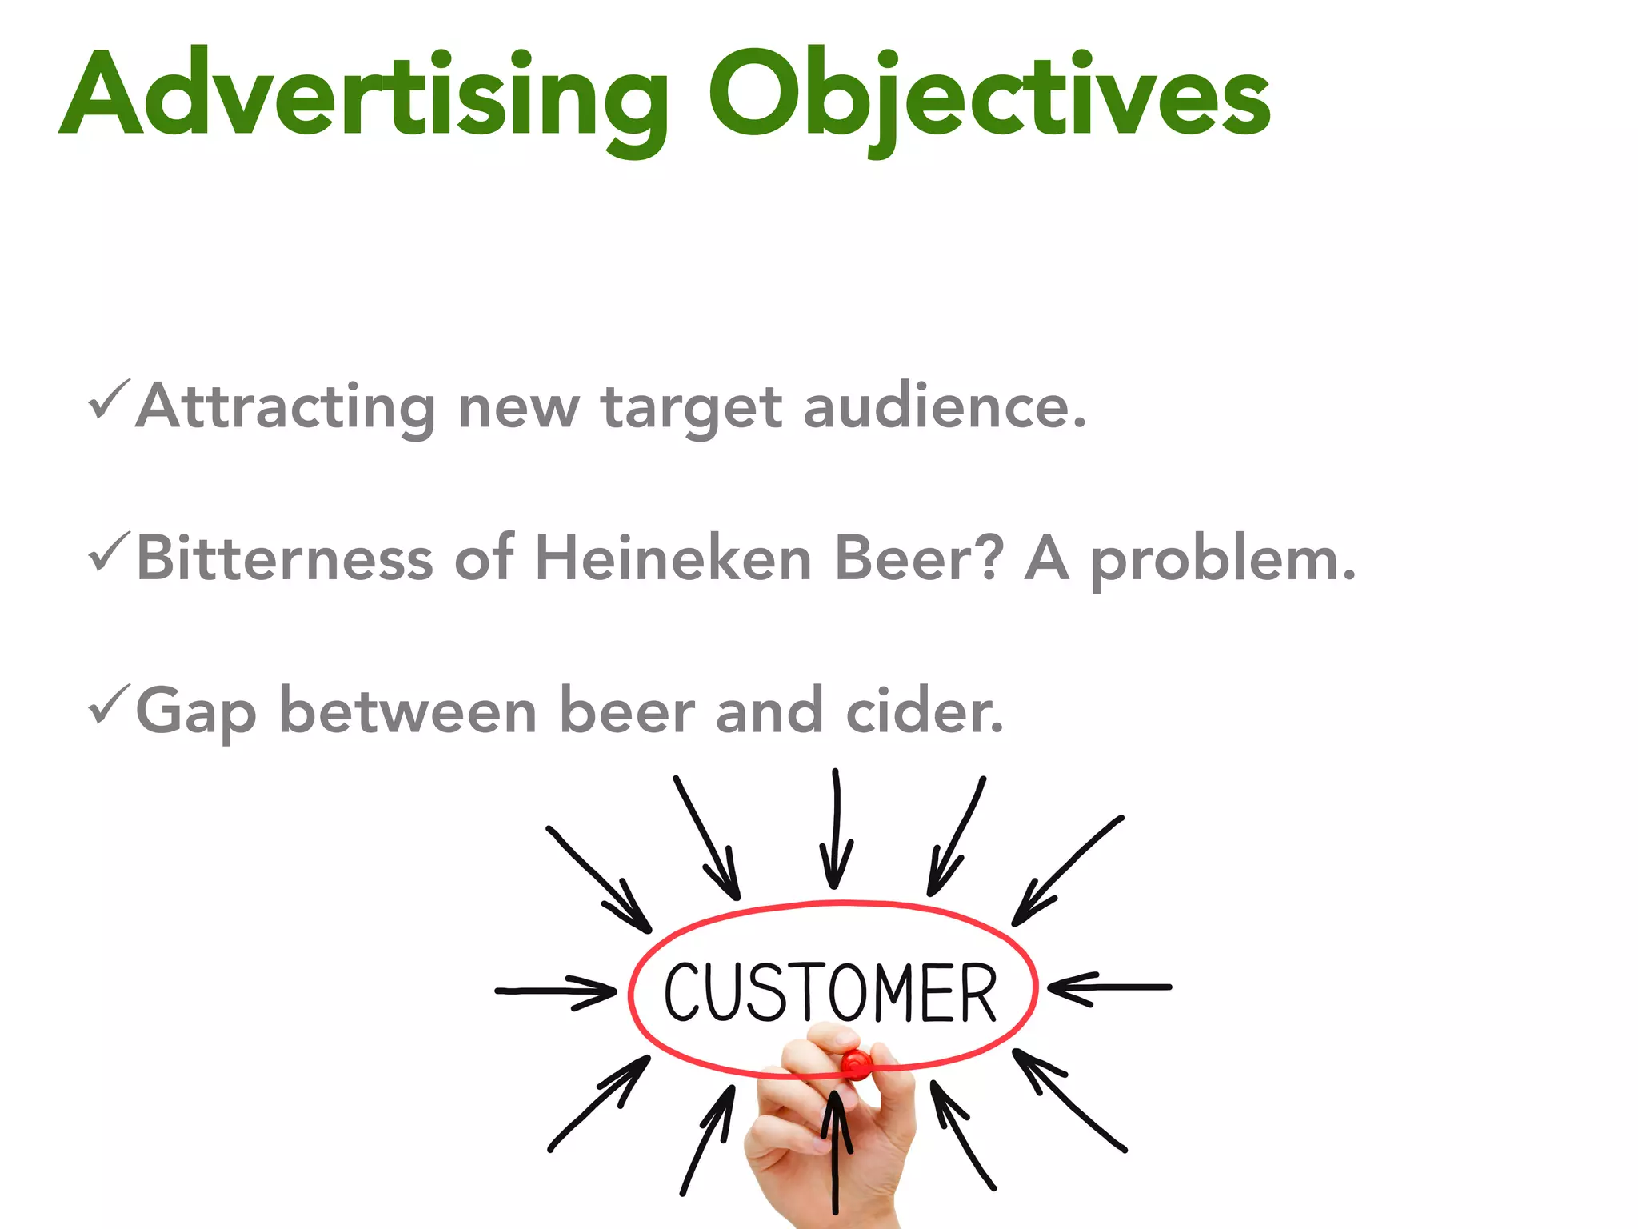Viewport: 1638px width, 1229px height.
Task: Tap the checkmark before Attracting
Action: (x=108, y=399)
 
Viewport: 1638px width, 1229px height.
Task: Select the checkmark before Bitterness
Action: (x=108, y=551)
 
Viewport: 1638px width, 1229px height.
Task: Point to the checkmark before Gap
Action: (x=108, y=703)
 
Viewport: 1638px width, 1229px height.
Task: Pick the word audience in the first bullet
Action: (x=944, y=407)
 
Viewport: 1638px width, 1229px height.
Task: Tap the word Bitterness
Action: (x=285, y=558)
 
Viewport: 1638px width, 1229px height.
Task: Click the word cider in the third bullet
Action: (x=924, y=710)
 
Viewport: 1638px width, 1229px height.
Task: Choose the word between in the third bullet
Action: (x=407, y=710)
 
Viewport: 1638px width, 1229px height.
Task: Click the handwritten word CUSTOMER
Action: (x=831, y=992)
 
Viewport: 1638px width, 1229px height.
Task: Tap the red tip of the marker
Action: (x=856, y=1065)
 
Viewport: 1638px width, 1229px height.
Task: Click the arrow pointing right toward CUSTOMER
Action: (x=555, y=991)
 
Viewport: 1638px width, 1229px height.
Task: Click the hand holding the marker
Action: (x=832, y=1136)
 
